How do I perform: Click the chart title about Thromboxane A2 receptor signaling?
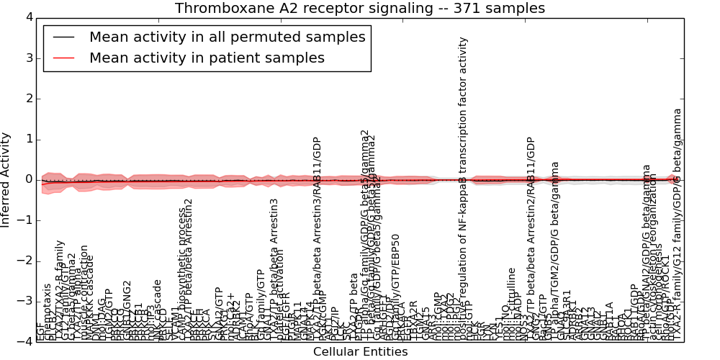(x=360, y=9)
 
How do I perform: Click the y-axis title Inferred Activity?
(x=6, y=179)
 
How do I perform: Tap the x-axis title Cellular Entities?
(x=360, y=352)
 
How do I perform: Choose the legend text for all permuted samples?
(x=227, y=37)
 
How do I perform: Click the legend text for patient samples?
(x=207, y=58)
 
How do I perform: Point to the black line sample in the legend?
(x=63, y=37)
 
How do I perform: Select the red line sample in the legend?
(x=63, y=58)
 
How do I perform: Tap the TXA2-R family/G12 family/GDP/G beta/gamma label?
(x=677, y=223)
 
